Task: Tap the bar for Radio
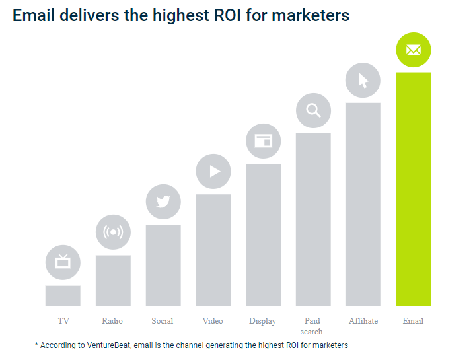(113, 280)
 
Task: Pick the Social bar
(163, 265)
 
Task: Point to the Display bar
(263, 234)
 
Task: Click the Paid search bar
(313, 219)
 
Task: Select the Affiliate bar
(363, 204)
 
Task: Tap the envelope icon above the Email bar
(413, 50)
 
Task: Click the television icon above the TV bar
(63, 262)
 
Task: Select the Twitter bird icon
(163, 201)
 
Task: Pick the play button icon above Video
(213, 171)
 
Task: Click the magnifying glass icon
(313, 110)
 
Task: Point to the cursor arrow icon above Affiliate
(363, 81)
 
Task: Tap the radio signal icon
(113, 232)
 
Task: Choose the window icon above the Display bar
(263, 141)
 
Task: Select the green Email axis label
(413, 321)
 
